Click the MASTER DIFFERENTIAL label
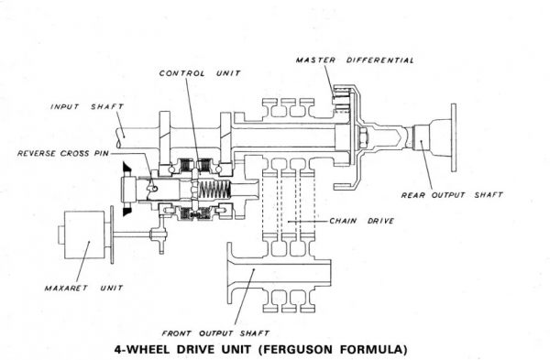click(x=355, y=60)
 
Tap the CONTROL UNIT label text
click(x=200, y=73)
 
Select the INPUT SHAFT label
click(x=87, y=106)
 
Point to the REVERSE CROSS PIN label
click(x=63, y=153)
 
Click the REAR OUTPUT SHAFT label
click(x=452, y=195)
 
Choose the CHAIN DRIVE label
click(x=362, y=221)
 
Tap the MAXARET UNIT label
click(x=83, y=289)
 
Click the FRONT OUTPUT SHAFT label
click(x=215, y=333)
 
